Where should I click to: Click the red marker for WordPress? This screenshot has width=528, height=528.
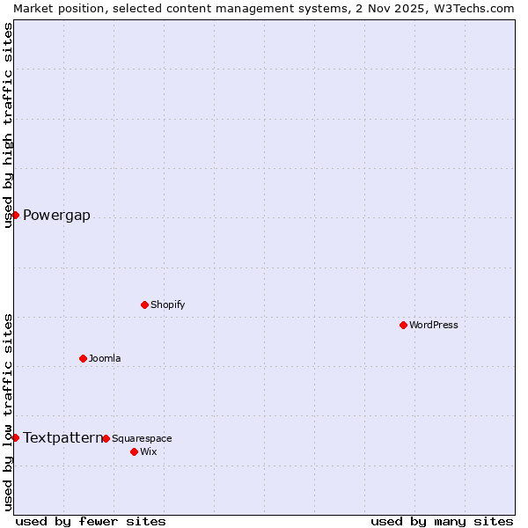point(404,325)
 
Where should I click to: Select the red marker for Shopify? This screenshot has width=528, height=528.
point(145,304)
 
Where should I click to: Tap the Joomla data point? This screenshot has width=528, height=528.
point(84,358)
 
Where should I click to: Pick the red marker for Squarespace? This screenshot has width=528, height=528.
point(106,438)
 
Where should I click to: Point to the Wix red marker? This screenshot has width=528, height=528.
point(135,451)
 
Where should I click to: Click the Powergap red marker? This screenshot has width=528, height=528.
point(15,215)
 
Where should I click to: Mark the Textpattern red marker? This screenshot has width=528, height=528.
point(15,437)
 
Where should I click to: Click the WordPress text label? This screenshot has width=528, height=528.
point(434,325)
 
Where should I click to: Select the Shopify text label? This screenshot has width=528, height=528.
point(168,304)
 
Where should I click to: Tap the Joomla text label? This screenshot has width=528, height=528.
point(105,358)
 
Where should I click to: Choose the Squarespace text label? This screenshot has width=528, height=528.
point(142,438)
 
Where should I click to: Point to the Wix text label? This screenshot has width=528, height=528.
point(149,451)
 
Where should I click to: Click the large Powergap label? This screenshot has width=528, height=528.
point(56,216)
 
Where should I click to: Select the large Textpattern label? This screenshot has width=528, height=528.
point(62,437)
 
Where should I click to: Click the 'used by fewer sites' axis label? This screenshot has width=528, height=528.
point(91,521)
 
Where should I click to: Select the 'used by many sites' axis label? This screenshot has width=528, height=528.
point(442,521)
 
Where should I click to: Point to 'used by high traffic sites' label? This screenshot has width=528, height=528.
point(8,125)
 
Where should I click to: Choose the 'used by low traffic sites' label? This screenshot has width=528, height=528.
point(8,412)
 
